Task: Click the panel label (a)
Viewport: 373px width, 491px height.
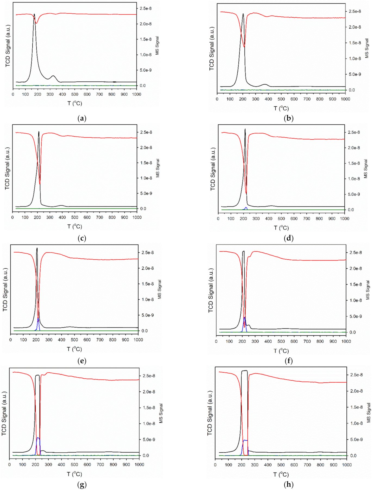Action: [x=82, y=118]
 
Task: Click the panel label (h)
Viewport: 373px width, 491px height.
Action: [x=288, y=484]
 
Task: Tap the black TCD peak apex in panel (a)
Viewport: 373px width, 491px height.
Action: [x=34, y=14]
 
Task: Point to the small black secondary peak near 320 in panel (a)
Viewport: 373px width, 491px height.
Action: [x=53, y=76]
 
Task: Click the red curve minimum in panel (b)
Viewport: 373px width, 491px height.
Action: [x=244, y=47]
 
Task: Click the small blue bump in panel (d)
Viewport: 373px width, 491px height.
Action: [x=246, y=207]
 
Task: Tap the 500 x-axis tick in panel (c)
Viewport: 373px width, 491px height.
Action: [x=75, y=217]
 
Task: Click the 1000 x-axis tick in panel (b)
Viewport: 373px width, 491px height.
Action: [x=345, y=99]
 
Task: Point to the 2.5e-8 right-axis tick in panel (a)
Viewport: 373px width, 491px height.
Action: [x=145, y=8]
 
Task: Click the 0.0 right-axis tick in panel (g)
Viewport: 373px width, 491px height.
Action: [x=146, y=455]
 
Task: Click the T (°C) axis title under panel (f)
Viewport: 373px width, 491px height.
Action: [x=281, y=351]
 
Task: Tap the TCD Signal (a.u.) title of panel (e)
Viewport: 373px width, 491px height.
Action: [x=5, y=289]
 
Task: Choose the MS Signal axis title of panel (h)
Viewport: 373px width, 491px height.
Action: [x=369, y=413]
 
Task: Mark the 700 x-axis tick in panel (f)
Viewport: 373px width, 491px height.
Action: [x=307, y=341]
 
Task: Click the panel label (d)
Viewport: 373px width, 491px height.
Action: [x=288, y=238]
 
